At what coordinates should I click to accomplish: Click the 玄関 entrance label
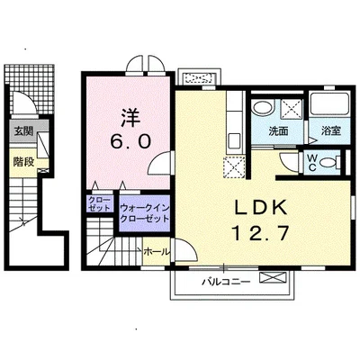[23, 131]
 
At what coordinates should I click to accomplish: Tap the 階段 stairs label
[23, 162]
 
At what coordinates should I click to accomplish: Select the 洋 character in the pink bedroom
[130, 118]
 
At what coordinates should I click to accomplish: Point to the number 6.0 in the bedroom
[130, 141]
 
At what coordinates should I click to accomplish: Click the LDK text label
[261, 208]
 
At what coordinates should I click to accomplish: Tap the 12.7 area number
[261, 233]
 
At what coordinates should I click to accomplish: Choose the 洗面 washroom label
[278, 131]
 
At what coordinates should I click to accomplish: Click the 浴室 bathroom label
[331, 130]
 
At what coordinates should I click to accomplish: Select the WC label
[312, 162]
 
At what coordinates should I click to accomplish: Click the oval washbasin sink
[263, 108]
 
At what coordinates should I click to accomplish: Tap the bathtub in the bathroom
[329, 104]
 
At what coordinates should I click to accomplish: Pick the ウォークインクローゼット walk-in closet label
[145, 213]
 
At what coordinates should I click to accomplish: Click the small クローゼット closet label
[99, 204]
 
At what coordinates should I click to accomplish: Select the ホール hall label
[157, 252]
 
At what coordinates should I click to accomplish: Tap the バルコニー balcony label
[226, 283]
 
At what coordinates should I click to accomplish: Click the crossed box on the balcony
[273, 277]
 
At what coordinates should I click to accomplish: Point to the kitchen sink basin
[233, 140]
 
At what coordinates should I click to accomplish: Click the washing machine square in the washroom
[292, 108]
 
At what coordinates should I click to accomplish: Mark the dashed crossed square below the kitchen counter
[234, 166]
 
